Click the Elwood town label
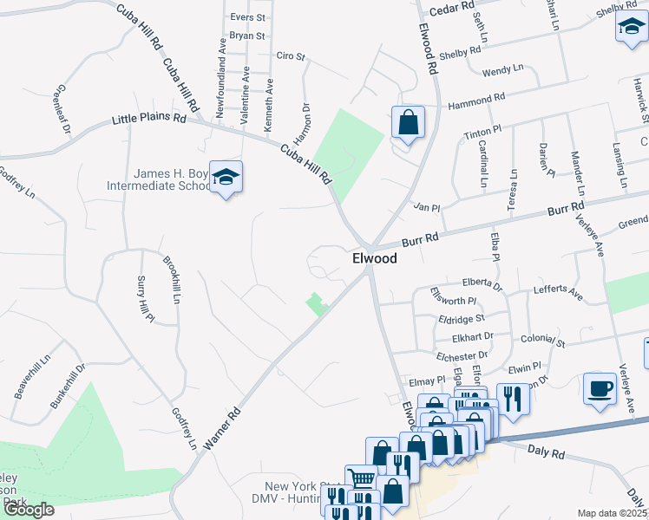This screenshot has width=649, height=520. tap(375, 259)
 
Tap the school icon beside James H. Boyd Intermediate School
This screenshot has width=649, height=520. tap(226, 178)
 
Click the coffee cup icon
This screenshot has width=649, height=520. tap(599, 387)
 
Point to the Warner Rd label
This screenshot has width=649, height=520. tap(220, 429)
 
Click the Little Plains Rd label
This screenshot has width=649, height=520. tap(149, 119)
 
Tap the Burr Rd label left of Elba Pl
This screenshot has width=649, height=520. tap(420, 236)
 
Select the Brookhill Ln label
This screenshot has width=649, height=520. tap(171, 280)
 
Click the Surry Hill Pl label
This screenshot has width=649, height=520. tap(145, 299)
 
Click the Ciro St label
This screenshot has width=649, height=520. tap(291, 56)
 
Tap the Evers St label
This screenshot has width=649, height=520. tap(247, 16)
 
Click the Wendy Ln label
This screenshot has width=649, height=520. tap(503, 69)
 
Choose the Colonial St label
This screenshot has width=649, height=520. tap(542, 342)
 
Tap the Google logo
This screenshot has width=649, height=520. tap(29, 510)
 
